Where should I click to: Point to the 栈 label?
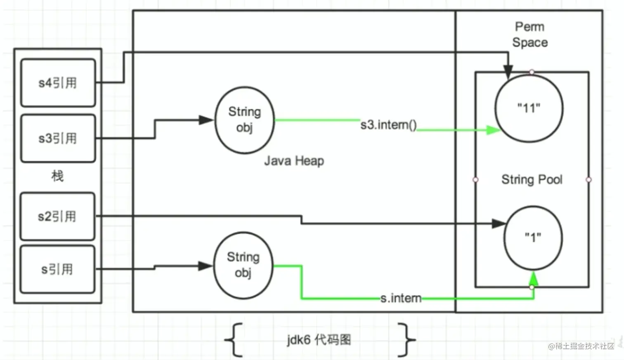pyautogui.click(x=57, y=176)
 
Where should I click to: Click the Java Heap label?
pyautogui.click(x=294, y=161)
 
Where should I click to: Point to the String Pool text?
pyautogui.click(x=532, y=179)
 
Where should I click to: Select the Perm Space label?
pyautogui.click(x=530, y=35)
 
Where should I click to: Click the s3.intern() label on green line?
pyautogui.click(x=389, y=125)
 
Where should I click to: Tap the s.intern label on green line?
pyautogui.click(x=401, y=298)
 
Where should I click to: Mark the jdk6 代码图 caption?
pyautogui.click(x=319, y=340)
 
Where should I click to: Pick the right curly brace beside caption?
pyautogui.click(x=407, y=340)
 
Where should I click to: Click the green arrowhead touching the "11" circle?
pyautogui.click(x=494, y=130)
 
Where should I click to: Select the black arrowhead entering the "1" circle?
pyautogui.click(x=499, y=224)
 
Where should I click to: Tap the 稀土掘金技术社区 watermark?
pyautogui.click(x=581, y=346)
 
